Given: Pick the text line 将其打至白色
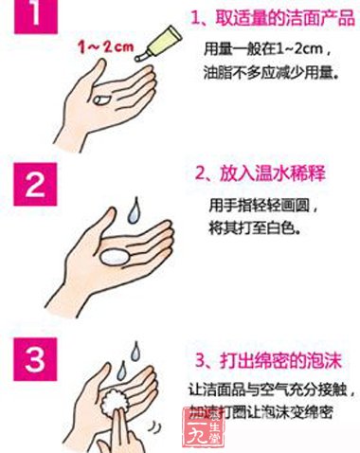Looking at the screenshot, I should click(x=250, y=226).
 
